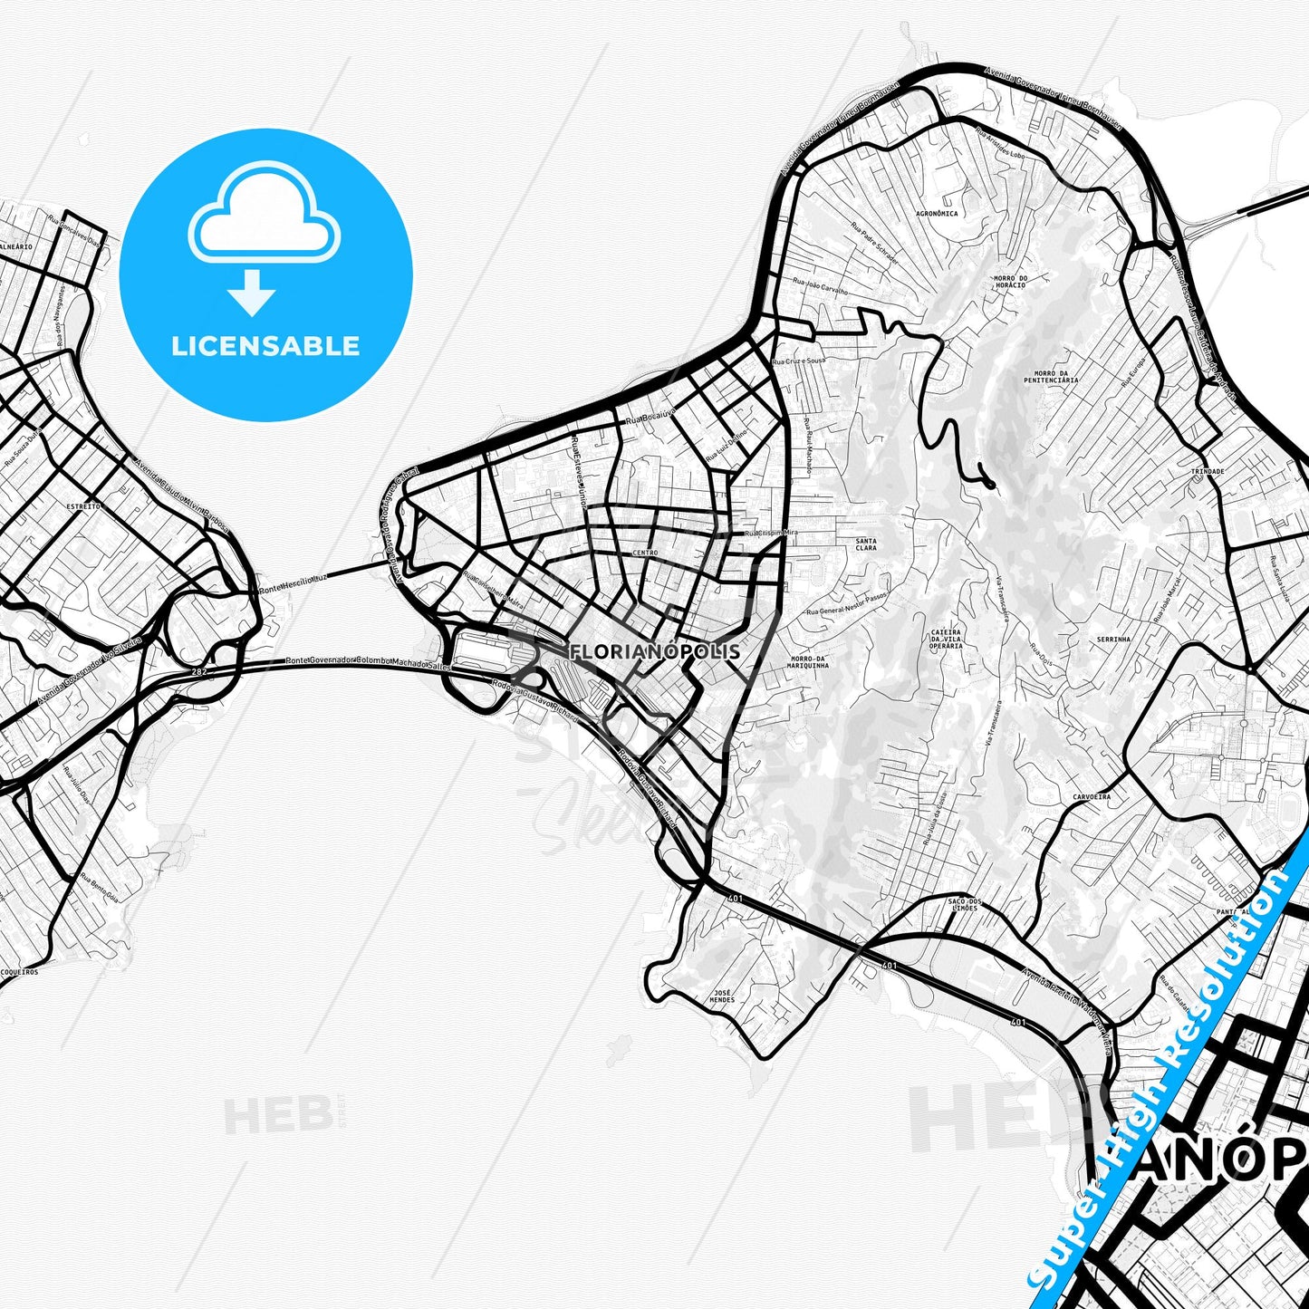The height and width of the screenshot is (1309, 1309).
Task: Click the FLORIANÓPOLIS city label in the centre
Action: (655, 651)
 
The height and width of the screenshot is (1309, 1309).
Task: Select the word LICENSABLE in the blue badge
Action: (265, 346)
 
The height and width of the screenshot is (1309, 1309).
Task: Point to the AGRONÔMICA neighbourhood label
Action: (937, 214)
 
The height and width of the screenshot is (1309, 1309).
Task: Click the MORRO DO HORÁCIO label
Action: (1010, 282)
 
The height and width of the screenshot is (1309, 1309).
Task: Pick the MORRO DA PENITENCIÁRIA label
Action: (1051, 377)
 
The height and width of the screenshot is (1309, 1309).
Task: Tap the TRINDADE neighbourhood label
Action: (1208, 472)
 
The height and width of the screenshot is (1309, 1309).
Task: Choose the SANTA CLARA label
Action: (866, 544)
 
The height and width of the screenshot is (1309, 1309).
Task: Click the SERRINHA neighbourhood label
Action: (1113, 640)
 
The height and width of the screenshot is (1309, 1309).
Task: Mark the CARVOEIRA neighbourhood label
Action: (1092, 797)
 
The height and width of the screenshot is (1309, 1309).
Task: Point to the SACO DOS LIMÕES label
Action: (965, 904)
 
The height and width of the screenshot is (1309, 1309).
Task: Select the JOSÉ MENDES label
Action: (722, 996)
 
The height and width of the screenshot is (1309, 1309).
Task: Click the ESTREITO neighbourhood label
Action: (83, 506)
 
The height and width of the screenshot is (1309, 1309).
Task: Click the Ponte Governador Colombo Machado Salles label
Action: (368, 663)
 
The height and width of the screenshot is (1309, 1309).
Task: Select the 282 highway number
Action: (198, 672)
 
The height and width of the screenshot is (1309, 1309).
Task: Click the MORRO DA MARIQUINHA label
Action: (809, 662)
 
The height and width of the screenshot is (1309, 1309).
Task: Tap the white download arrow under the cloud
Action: (252, 292)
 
